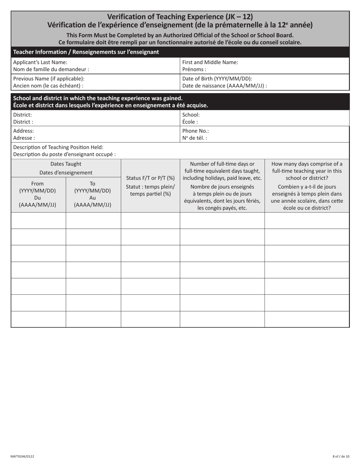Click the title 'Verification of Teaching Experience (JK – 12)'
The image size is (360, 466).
(180, 17)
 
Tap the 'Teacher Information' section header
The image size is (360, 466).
(86, 52)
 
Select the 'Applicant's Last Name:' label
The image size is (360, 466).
(40, 62)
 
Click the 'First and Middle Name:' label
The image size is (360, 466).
(210, 62)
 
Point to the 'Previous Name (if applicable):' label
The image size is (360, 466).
(49, 78)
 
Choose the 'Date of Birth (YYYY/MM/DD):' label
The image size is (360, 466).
(217, 78)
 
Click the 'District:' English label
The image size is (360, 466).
(23, 114)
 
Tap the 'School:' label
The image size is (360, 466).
(191, 114)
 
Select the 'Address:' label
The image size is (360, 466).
(23, 131)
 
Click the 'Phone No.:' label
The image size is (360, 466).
(196, 131)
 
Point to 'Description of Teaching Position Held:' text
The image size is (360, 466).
(58, 147)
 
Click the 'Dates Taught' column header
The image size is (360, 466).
(66, 164)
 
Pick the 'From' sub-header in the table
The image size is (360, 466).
(38, 184)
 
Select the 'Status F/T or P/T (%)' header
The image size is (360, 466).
(150, 178)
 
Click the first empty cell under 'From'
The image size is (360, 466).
(38, 220)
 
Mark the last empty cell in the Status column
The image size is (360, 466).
(150, 319)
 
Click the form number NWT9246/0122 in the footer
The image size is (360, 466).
(22, 457)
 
